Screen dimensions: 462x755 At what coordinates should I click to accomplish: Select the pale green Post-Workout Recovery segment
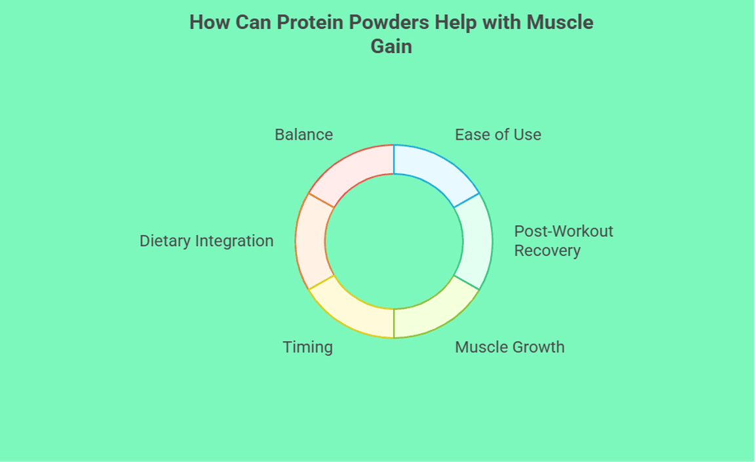475,241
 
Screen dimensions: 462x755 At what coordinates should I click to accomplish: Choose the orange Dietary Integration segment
311,241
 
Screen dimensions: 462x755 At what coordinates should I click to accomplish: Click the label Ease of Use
498,135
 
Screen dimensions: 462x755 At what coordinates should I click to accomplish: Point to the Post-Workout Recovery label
563,241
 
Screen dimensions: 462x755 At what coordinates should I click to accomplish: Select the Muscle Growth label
509,347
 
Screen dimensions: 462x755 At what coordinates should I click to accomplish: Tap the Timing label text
307,347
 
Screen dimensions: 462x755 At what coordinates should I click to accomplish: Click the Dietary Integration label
206,241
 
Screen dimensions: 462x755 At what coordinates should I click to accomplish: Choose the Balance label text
303,135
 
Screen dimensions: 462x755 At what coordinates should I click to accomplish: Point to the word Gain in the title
391,46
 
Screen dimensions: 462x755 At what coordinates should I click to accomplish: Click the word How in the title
208,22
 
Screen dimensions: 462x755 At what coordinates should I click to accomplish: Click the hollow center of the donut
393,241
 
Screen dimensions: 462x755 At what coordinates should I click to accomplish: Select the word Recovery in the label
547,251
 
